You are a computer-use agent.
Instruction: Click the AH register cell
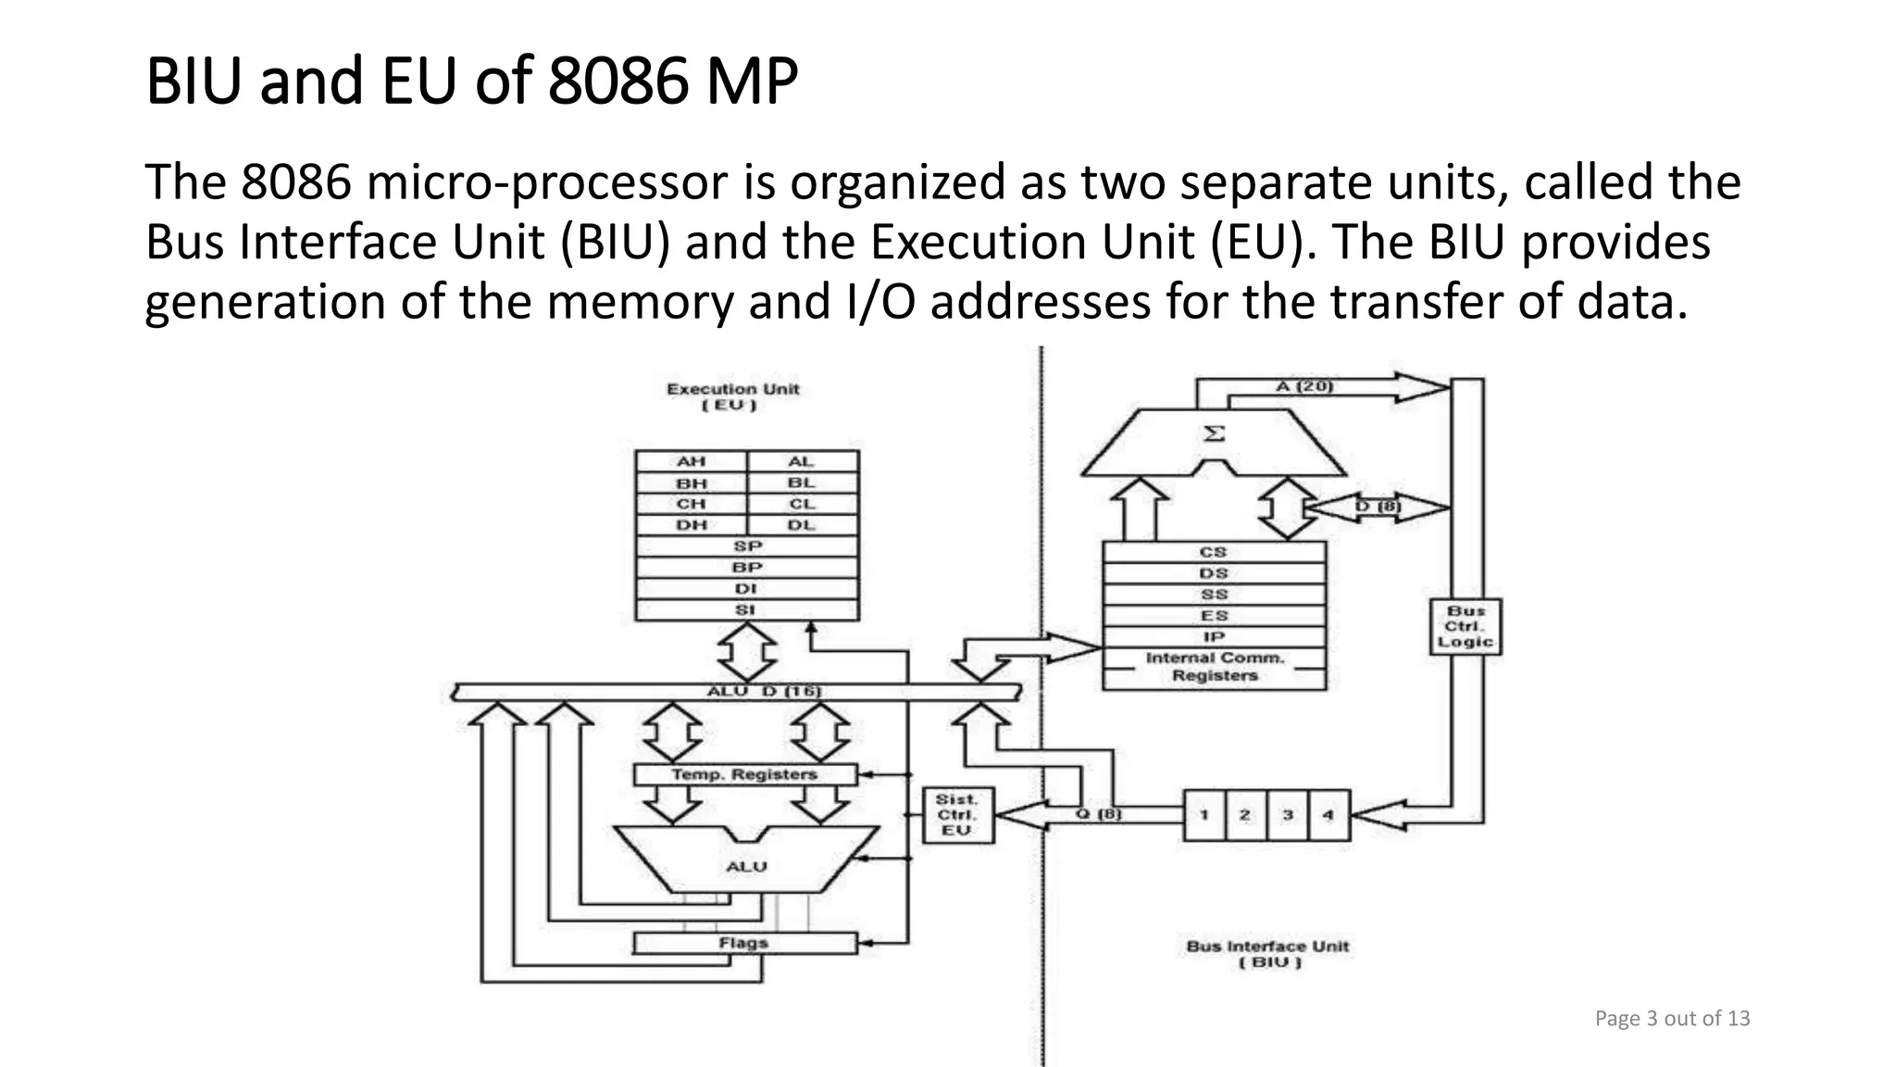click(x=691, y=461)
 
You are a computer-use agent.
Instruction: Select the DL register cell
click(x=802, y=525)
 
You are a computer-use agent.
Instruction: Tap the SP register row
click(x=747, y=546)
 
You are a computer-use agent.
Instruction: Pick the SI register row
click(x=746, y=610)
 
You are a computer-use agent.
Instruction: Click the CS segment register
click(x=1214, y=552)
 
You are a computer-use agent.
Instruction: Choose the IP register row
click(x=1214, y=637)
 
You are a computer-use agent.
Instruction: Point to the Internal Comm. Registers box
click(x=1214, y=667)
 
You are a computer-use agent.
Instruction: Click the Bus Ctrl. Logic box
click(x=1466, y=627)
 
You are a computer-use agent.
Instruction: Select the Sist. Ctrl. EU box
click(x=957, y=815)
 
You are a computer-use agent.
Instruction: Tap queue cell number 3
click(x=1288, y=815)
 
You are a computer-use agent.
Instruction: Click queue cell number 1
click(x=1204, y=815)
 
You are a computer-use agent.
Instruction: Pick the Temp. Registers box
click(x=745, y=774)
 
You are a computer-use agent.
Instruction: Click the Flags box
click(x=745, y=943)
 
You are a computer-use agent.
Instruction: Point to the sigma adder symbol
click(x=1214, y=433)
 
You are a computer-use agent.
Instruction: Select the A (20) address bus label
click(x=1304, y=385)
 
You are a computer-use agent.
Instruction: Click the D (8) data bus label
click(x=1378, y=507)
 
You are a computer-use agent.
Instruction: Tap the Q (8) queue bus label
click(x=1098, y=814)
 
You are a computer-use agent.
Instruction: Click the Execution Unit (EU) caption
click(x=732, y=396)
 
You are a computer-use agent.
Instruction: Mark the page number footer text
click(x=1672, y=1019)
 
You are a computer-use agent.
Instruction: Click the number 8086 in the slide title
click(x=618, y=82)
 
